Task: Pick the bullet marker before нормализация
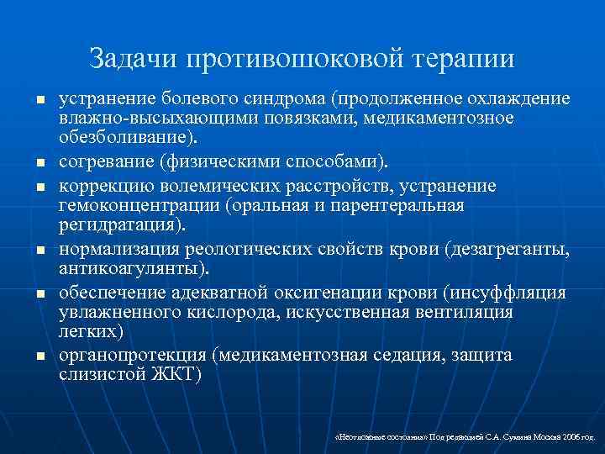pos(39,251)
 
